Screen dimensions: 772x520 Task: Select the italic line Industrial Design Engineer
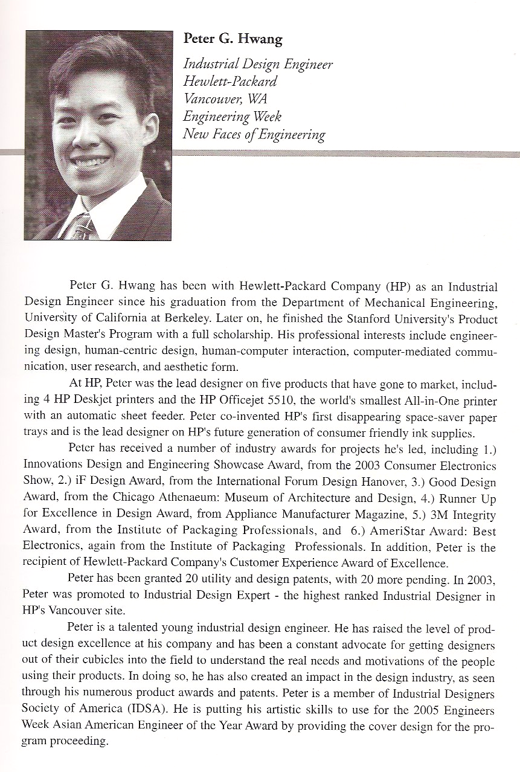(258, 64)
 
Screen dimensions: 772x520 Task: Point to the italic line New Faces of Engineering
(254, 134)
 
